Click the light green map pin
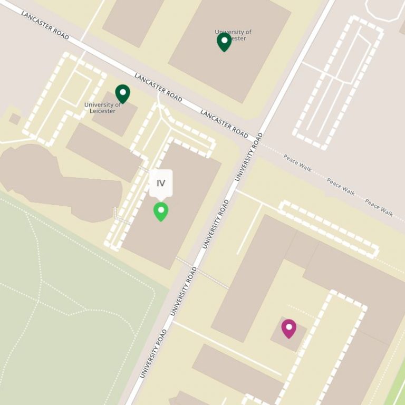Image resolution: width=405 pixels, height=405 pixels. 161,211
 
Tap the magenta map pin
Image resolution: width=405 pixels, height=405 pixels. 288,328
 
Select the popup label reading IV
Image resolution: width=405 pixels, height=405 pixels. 161,184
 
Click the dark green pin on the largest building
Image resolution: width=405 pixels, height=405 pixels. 224,42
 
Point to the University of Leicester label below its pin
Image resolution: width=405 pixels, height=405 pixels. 103,108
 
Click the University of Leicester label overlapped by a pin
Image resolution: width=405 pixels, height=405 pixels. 233,35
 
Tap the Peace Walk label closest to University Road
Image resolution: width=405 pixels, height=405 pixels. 297,163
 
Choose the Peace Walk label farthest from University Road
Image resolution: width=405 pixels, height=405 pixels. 379,207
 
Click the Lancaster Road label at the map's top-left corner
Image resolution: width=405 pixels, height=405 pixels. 45,24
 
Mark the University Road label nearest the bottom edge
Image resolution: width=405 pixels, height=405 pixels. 153,353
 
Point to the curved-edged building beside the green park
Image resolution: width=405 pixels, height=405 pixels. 58,179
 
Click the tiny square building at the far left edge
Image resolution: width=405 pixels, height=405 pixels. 15,119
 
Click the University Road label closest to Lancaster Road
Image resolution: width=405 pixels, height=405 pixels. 248,157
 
